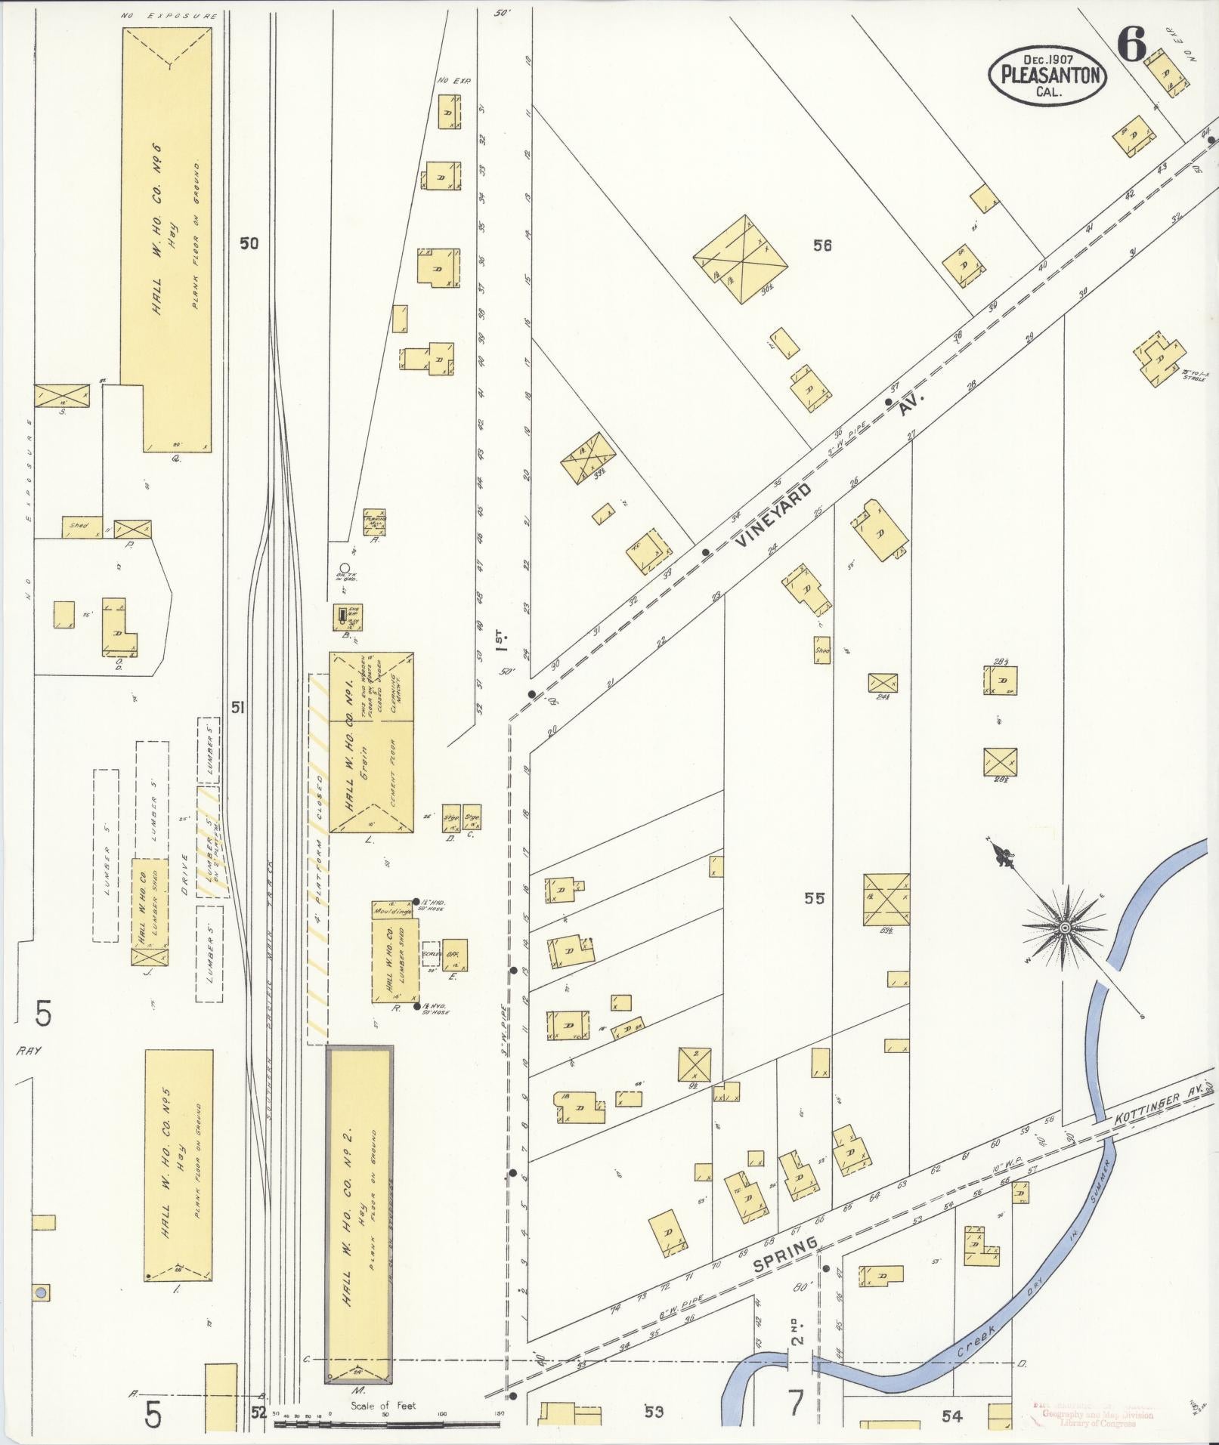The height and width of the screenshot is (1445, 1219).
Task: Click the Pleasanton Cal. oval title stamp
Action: click(x=1047, y=74)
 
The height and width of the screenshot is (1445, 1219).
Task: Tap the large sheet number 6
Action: click(x=1131, y=47)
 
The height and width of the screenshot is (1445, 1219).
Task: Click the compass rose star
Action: click(x=1064, y=926)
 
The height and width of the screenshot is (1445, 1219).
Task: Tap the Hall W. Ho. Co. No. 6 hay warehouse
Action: click(x=167, y=240)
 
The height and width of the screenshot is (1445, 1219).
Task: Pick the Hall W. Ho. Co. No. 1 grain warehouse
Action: click(x=371, y=743)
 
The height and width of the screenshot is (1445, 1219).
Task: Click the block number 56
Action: click(x=822, y=245)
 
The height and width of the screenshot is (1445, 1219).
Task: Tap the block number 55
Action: click(x=814, y=898)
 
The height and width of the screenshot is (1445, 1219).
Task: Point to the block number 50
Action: click(x=249, y=243)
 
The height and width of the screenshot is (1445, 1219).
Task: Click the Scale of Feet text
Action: click(x=382, y=1406)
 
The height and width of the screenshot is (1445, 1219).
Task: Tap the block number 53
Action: click(x=653, y=1411)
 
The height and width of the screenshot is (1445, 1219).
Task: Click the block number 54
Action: click(x=952, y=1416)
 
